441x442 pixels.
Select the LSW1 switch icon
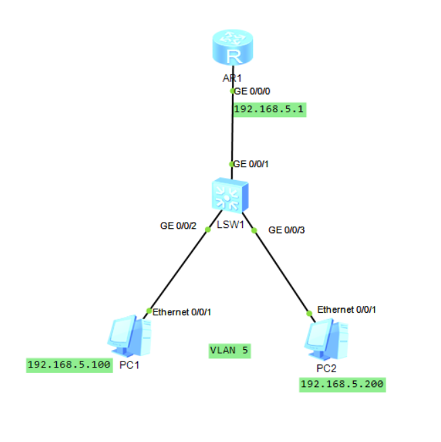(x=229, y=197)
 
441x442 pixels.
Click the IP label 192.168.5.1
(x=269, y=110)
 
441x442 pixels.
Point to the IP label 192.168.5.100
(x=69, y=365)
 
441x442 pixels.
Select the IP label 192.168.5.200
(x=342, y=384)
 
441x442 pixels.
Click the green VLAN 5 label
(x=230, y=351)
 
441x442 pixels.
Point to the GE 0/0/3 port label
(x=287, y=230)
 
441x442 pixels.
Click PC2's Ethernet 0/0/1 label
(x=346, y=309)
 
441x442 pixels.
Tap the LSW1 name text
(x=230, y=225)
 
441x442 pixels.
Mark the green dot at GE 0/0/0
(x=233, y=90)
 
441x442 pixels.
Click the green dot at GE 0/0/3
(x=254, y=231)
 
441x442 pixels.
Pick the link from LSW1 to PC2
(x=281, y=271)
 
